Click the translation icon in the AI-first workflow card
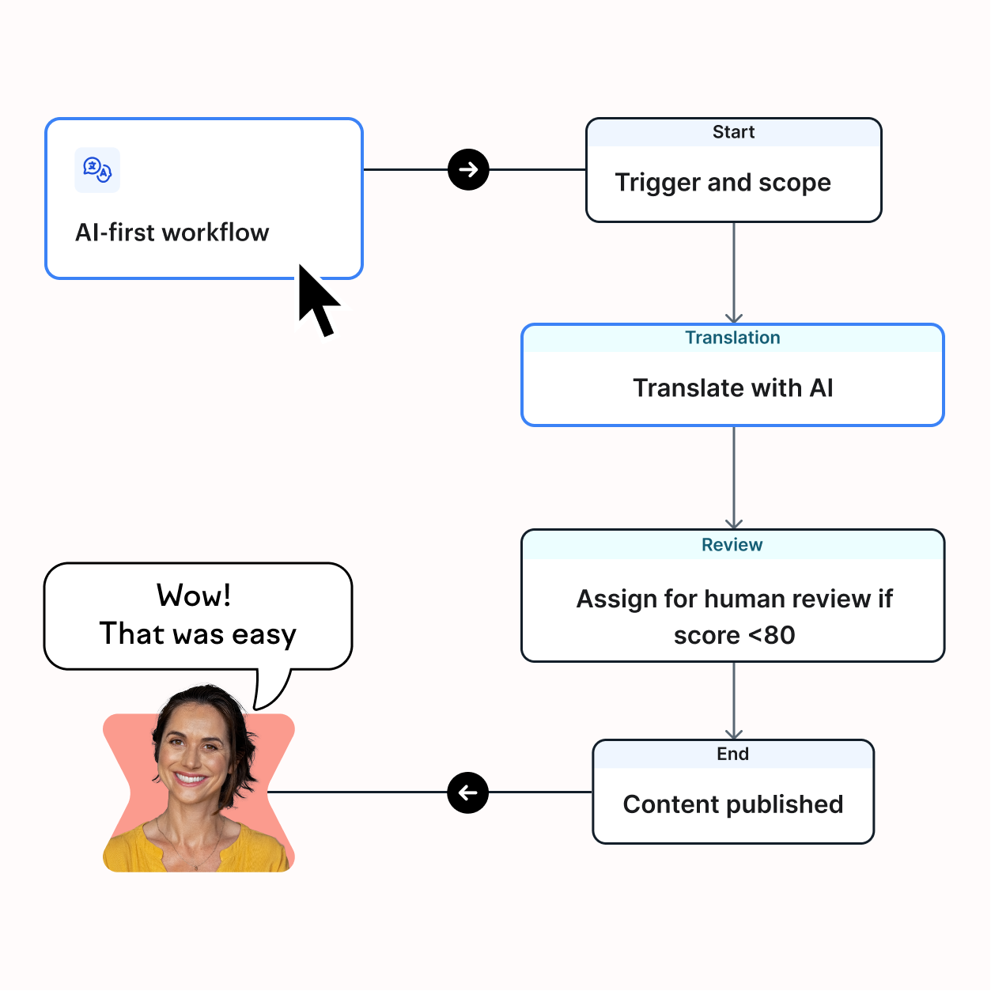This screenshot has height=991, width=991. point(97,170)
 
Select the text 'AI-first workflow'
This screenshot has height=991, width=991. point(172,233)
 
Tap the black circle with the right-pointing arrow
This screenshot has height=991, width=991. point(468,170)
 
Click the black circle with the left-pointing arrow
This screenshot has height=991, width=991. point(468,792)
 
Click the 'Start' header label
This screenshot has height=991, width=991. point(733,132)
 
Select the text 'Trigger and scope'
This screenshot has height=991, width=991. point(723,183)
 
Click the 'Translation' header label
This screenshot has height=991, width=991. point(733,338)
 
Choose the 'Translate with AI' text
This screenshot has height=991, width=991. point(733,388)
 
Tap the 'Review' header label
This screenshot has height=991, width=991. point(732,545)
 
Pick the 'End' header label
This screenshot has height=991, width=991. point(733,754)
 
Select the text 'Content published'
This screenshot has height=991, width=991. point(733,804)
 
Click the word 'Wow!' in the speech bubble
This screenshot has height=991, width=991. point(194,596)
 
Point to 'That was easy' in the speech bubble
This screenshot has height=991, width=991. point(198,634)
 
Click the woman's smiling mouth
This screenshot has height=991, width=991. point(191,777)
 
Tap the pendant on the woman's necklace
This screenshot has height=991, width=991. point(195,868)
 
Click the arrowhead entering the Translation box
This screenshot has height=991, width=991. point(734,318)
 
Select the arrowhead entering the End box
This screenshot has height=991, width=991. point(734,735)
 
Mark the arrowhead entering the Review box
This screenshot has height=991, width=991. point(734,524)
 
